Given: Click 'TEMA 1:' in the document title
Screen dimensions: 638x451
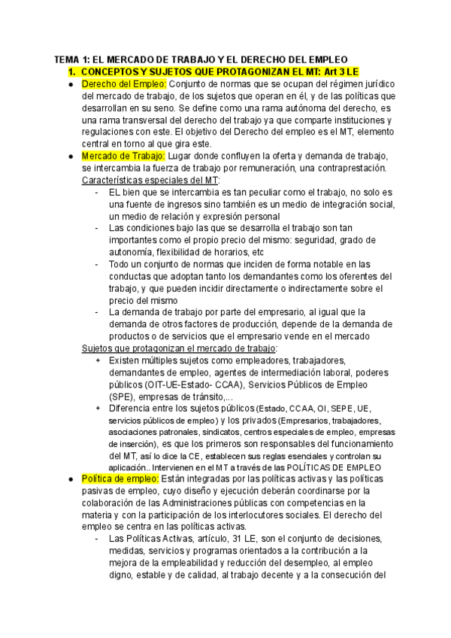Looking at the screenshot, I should pos(74,59).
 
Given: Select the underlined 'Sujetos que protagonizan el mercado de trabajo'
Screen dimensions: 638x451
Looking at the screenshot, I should pos(179,348).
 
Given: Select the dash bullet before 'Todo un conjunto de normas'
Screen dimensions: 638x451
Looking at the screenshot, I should pos(98,264).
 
